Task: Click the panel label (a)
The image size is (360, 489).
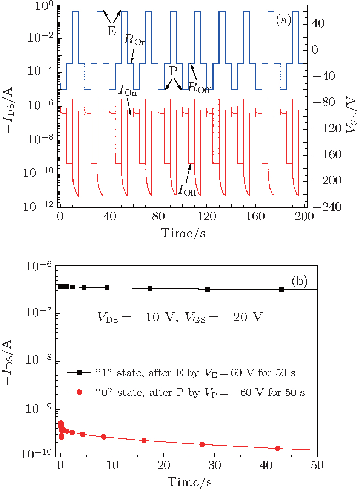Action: point(283,20)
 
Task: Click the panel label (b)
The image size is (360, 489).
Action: point(300,281)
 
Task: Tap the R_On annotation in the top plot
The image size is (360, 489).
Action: point(135,40)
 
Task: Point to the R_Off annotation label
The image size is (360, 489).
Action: point(199,88)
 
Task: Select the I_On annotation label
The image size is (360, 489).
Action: point(128,90)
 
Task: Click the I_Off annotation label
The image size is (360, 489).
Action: point(187,190)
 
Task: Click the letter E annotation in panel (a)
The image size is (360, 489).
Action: point(112,31)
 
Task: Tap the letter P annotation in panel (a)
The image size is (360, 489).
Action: point(173,71)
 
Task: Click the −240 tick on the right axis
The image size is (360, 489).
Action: point(327,207)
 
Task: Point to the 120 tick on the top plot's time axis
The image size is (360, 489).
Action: point(207,216)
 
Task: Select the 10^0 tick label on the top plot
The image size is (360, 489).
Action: point(44,6)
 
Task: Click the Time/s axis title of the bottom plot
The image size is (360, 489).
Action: point(189,482)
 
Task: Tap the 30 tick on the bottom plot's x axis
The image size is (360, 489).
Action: point(214,465)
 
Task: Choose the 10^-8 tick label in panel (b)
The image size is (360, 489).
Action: point(39,360)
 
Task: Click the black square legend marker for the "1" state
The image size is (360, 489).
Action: point(79,373)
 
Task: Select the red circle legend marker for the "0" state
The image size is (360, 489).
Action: point(79,392)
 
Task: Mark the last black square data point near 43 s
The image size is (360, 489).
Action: point(281,290)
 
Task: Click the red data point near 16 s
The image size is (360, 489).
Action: point(143,441)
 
